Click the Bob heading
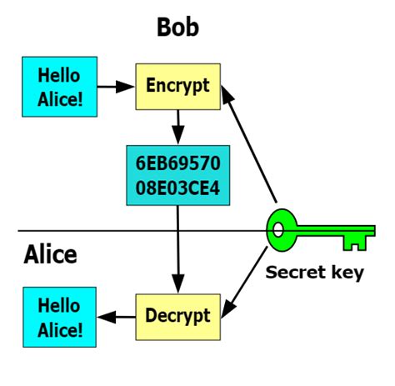click(177, 28)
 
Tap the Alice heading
click(50, 253)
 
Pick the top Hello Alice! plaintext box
click(60, 87)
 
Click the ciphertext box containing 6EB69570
click(177, 174)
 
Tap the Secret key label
click(314, 273)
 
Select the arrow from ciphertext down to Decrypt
click(177, 250)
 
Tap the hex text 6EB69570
click(177, 161)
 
